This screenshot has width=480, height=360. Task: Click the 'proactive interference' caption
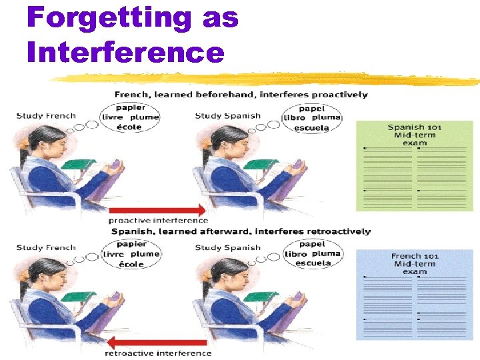(158, 220)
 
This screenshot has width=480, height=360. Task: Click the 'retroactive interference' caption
(159, 353)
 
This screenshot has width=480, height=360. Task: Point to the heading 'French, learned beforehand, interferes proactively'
(241, 95)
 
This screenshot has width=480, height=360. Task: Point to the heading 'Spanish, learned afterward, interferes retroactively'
(241, 231)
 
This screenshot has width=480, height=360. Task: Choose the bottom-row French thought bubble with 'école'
(131, 254)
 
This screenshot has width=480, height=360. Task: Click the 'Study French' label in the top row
(46, 116)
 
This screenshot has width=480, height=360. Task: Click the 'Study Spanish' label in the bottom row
(226, 248)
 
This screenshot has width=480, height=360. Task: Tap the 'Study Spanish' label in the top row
(226, 116)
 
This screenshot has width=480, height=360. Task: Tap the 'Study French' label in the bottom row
(46, 248)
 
